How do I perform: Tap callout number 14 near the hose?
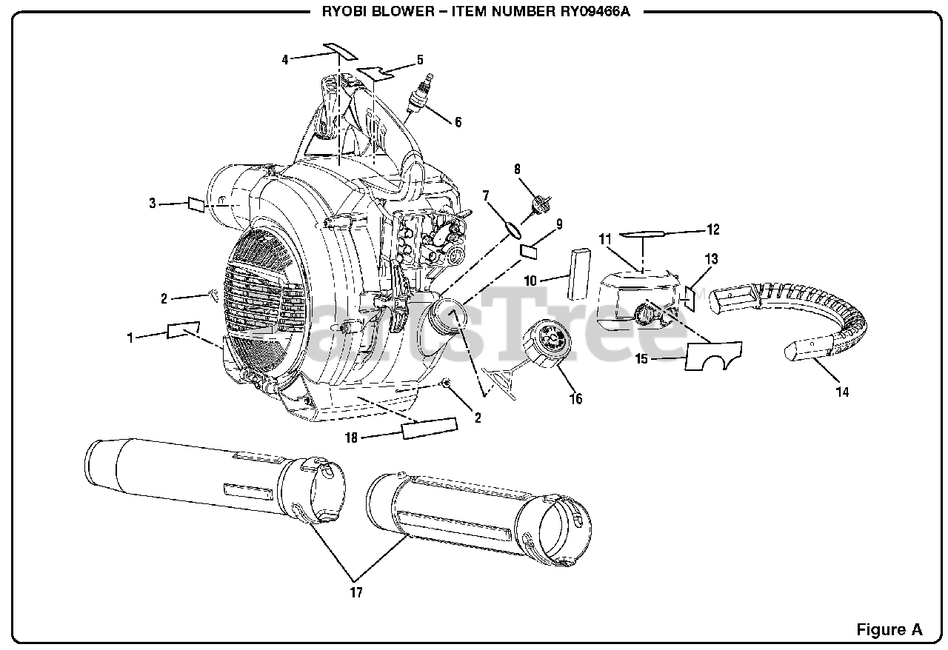842,392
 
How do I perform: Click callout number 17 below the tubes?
356,592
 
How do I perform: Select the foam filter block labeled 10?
578,272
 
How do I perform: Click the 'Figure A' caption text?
889,629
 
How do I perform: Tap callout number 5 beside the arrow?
420,60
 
